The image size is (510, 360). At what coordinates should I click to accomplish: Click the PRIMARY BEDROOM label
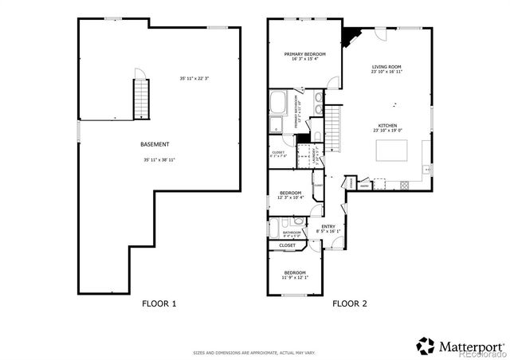[304, 53]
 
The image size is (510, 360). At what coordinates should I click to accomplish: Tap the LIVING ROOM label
[386, 67]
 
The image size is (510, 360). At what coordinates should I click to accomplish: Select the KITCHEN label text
[388, 127]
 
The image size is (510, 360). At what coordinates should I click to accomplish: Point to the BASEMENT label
[155, 144]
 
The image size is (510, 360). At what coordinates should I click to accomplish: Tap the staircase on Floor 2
[335, 127]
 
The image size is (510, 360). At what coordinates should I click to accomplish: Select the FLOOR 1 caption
[159, 303]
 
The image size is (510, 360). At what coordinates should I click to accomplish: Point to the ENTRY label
[328, 227]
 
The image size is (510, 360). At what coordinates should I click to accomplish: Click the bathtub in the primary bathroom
[280, 104]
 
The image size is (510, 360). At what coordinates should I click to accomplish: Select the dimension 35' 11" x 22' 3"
[194, 77]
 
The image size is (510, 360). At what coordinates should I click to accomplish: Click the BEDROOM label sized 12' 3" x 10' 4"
[290, 193]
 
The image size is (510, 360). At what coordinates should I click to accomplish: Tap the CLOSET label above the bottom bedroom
[288, 245]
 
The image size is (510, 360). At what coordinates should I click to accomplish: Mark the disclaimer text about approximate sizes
[254, 352]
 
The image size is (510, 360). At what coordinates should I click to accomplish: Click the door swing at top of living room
[380, 37]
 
